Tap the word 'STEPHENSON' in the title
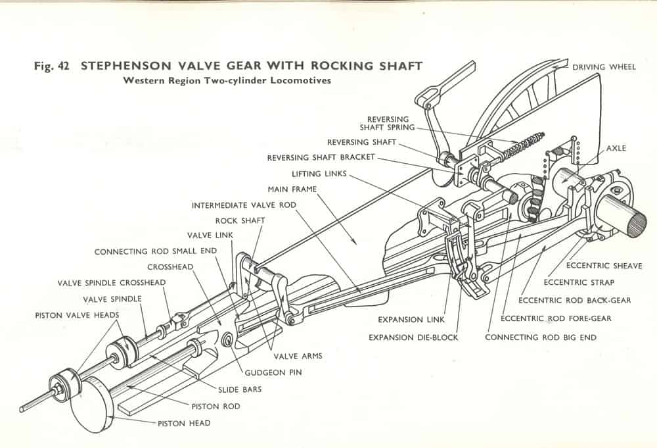122,66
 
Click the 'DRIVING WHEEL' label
604,67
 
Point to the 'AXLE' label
616,148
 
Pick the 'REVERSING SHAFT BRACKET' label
321,158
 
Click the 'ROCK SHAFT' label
240,221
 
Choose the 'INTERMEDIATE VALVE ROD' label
244,205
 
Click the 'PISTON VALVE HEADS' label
77,315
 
